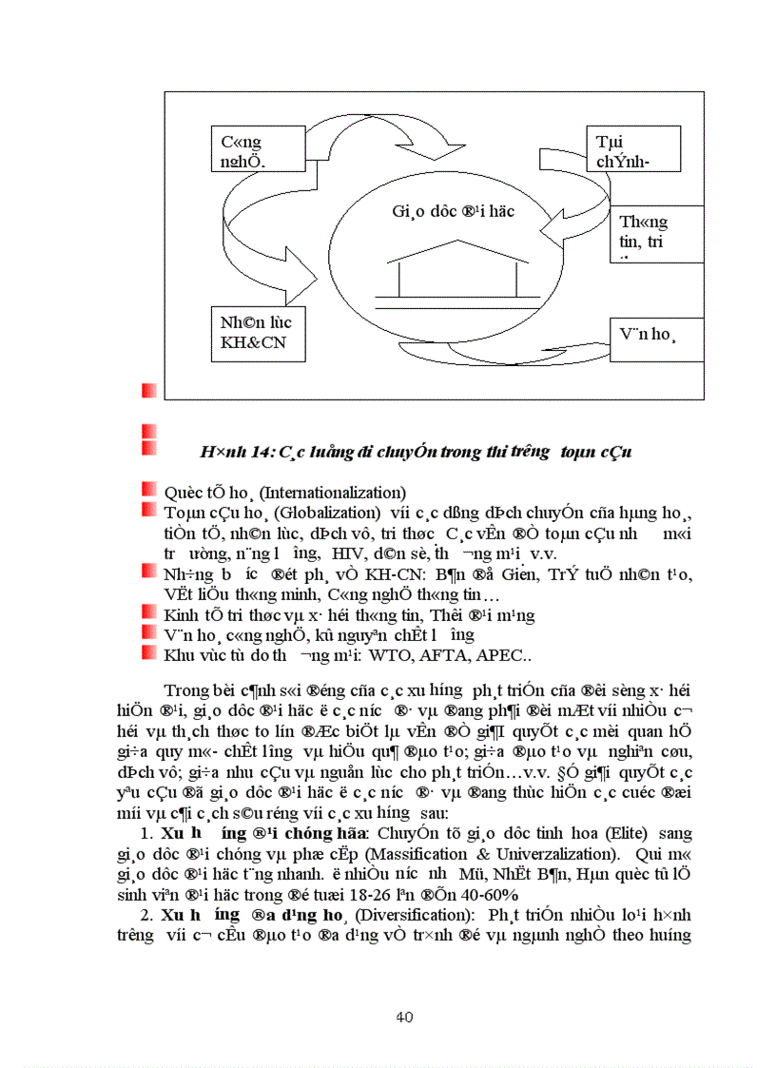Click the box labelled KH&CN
tap(259, 333)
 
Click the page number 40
tap(403, 1018)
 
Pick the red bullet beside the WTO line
tap(148, 654)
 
